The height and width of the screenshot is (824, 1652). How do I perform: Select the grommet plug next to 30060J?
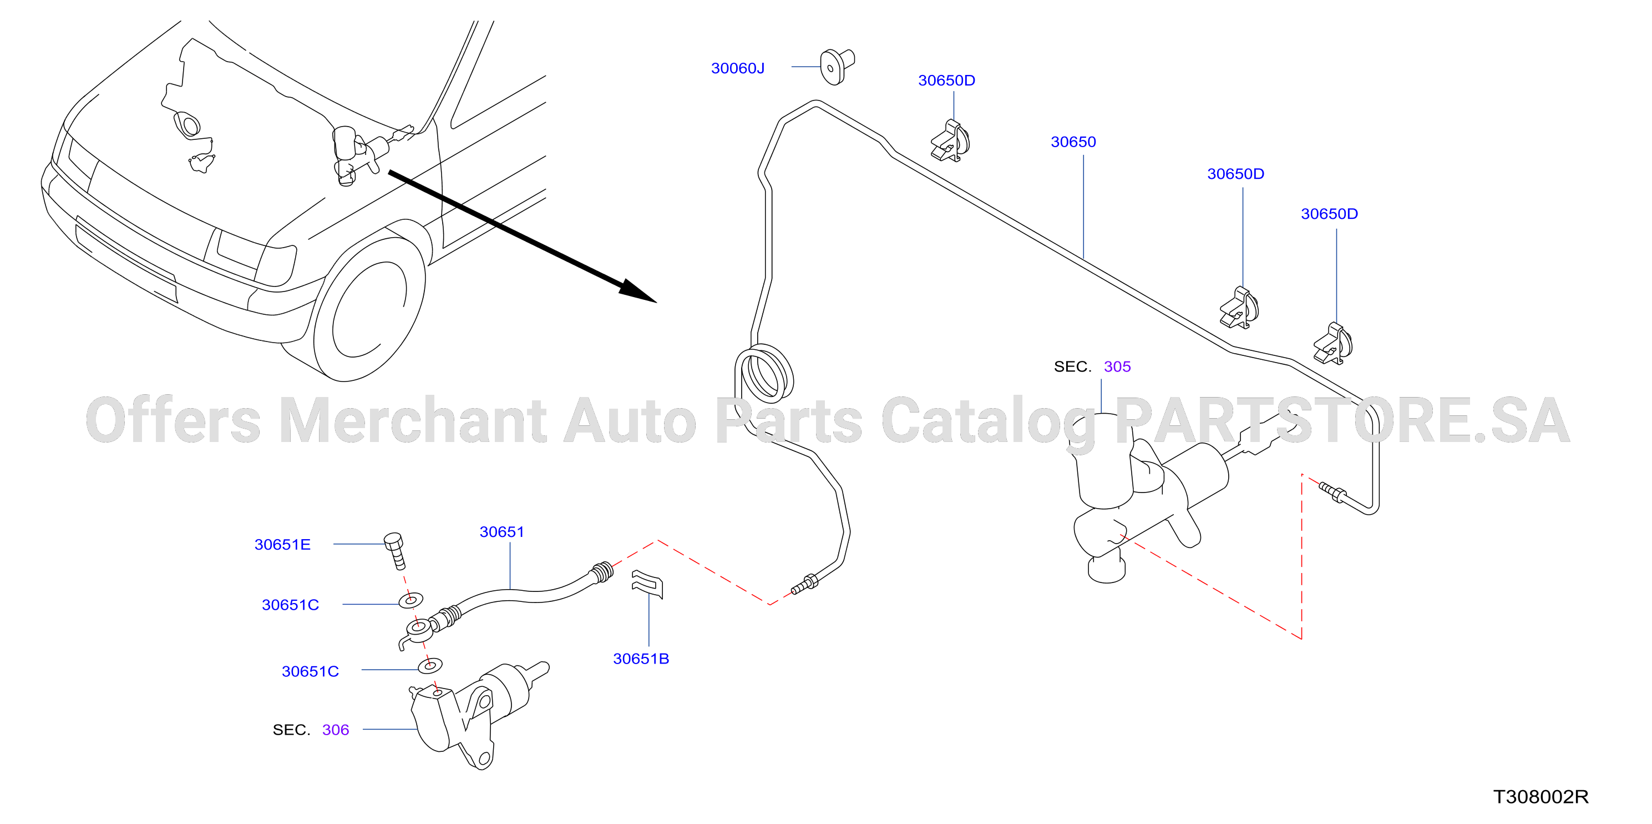point(837,67)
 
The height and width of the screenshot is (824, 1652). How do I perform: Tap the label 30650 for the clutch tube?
point(1073,142)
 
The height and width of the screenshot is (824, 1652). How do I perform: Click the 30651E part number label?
point(282,544)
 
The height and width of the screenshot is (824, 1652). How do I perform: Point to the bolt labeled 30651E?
point(395,550)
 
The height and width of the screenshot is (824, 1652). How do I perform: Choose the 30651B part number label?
point(641,659)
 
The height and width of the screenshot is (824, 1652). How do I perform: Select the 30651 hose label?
point(501,532)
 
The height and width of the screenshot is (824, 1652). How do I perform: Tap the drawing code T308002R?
point(1540,796)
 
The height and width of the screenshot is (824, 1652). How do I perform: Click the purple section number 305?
point(1117,366)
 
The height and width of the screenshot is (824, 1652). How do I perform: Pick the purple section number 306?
point(336,730)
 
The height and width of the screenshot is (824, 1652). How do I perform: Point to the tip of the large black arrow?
point(657,302)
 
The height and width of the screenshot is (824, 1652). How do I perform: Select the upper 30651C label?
point(290,605)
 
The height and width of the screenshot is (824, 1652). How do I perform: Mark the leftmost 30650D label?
point(946,80)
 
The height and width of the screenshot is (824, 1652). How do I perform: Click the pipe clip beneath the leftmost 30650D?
point(950,141)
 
